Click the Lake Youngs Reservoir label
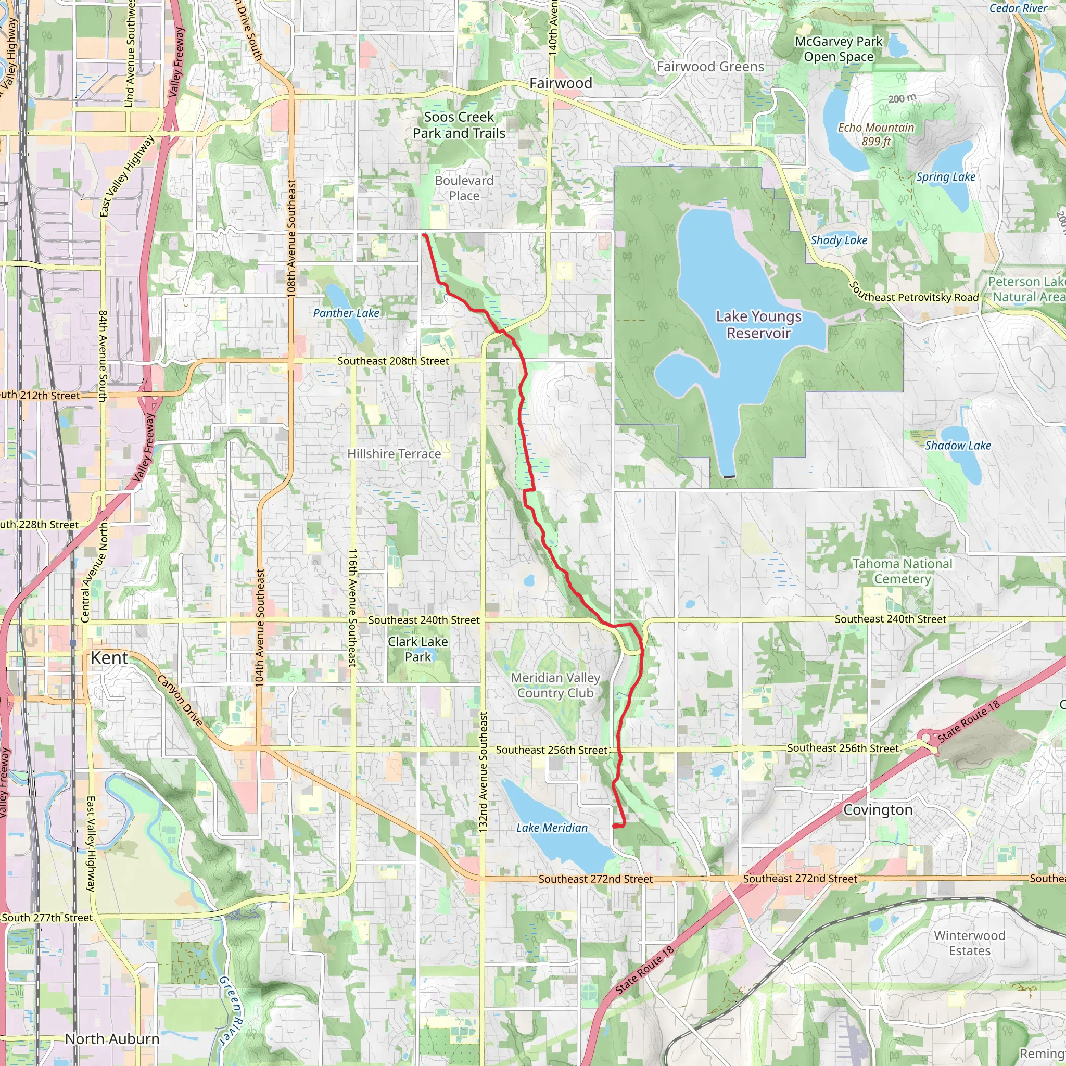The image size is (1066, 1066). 759,325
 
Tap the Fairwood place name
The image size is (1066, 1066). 561,83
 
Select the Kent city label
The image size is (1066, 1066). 109,658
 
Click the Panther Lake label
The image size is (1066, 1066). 346,313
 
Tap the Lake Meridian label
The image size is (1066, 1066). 552,828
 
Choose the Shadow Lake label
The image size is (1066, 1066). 958,446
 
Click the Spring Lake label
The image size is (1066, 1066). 946,177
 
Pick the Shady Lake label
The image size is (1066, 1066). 839,240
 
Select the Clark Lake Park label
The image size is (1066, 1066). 417,650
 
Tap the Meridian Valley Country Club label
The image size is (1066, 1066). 555,686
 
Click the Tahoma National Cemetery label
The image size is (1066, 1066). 903,572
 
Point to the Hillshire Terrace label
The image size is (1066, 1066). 394,454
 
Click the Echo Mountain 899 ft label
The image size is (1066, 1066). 876,135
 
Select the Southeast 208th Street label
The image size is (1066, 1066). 394,361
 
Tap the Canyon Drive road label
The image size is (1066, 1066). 180,701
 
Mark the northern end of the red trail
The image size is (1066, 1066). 424,235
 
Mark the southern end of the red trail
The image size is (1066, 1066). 615,827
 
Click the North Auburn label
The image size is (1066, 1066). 112,1039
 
